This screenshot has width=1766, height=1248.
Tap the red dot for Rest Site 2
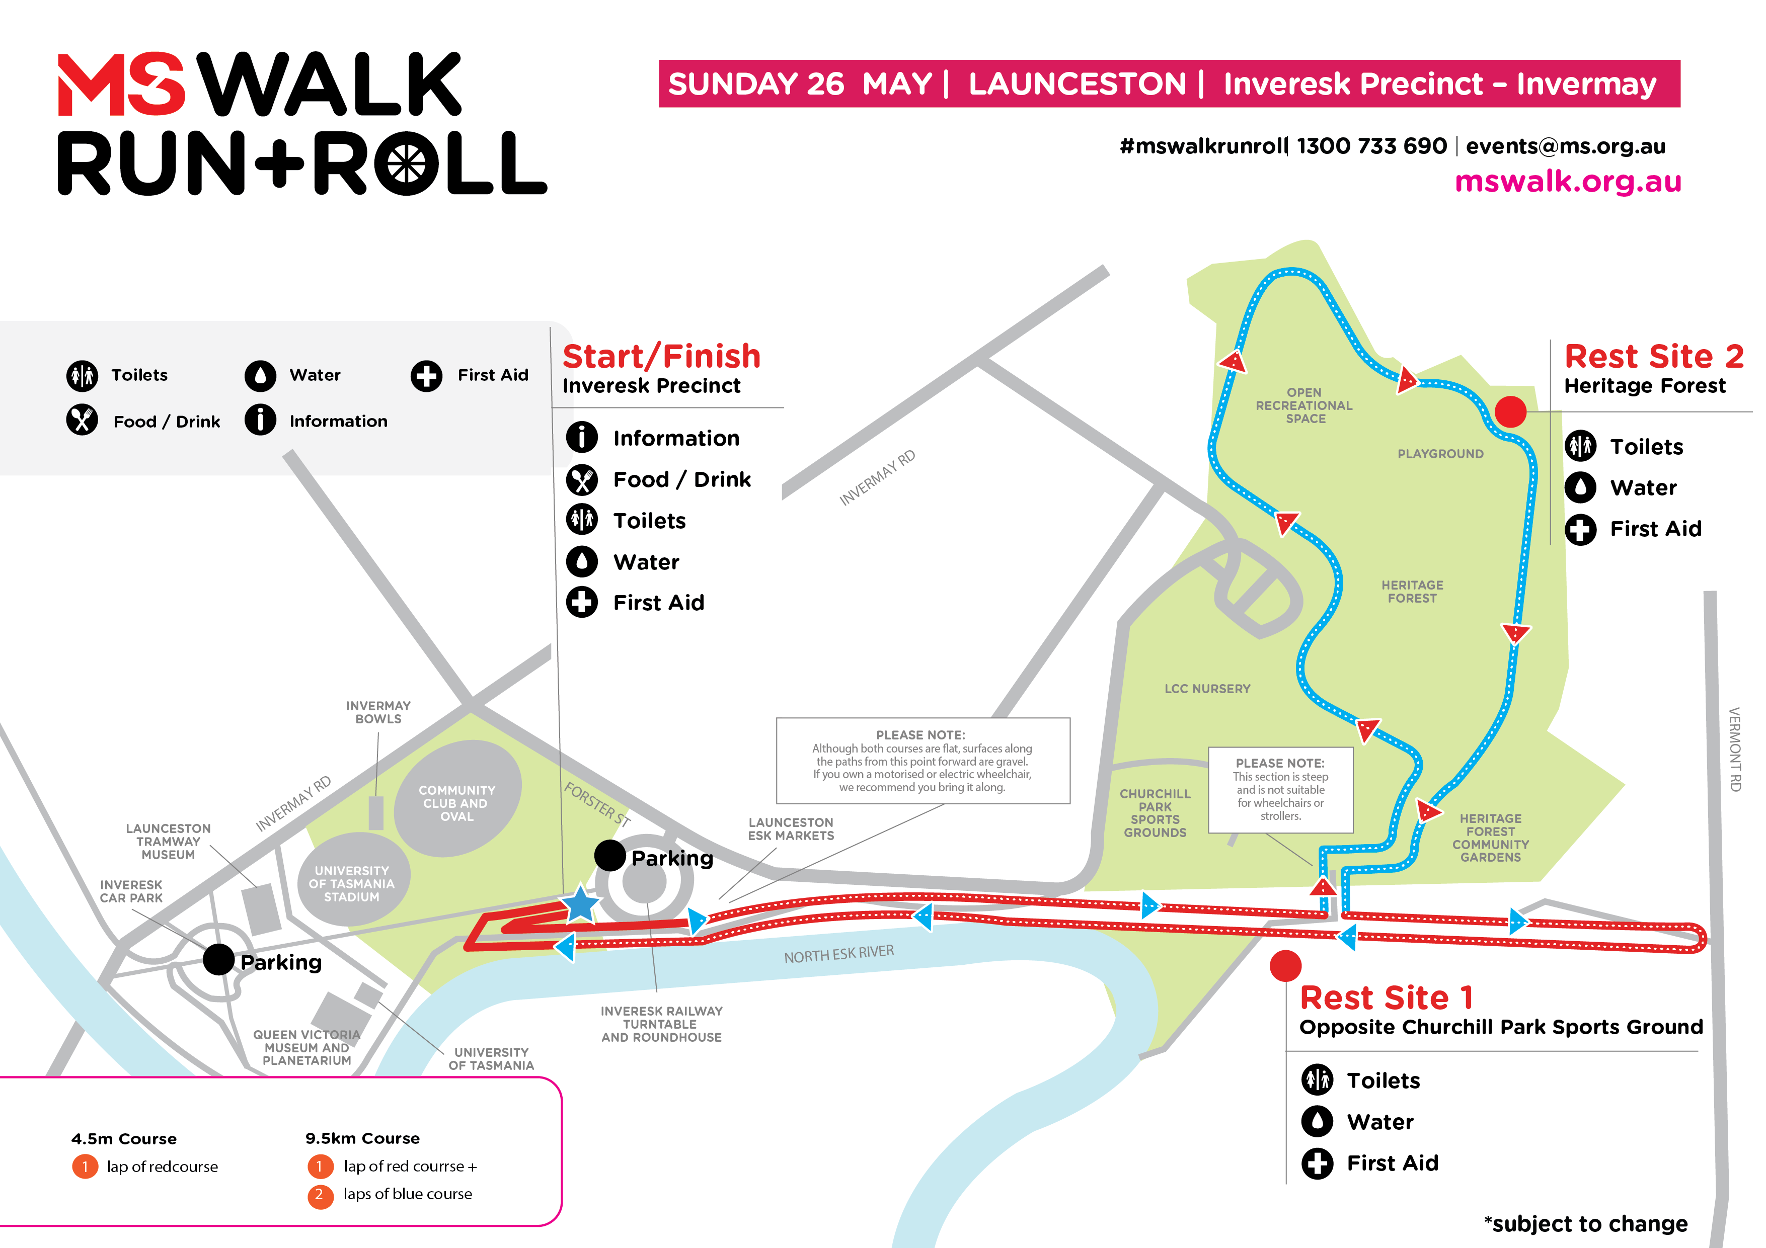(x=1510, y=412)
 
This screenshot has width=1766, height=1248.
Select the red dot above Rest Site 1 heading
(x=1285, y=966)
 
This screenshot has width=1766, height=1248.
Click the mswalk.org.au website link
(x=1568, y=182)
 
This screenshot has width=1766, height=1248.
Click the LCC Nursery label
(x=1207, y=689)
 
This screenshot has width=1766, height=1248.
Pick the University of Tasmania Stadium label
(x=351, y=883)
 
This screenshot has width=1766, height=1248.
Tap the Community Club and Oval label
(x=457, y=803)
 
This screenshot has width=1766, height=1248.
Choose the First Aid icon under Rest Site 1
(x=1317, y=1163)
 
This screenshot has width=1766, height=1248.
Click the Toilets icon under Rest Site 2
(x=1581, y=446)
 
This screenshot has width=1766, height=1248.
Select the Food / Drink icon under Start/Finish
(x=581, y=480)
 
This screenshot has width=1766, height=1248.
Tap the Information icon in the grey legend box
(x=260, y=421)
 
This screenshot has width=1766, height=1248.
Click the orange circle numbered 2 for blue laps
(x=319, y=1195)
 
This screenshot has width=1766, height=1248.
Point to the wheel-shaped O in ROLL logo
(x=406, y=163)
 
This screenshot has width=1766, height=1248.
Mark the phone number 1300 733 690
(x=1371, y=146)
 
